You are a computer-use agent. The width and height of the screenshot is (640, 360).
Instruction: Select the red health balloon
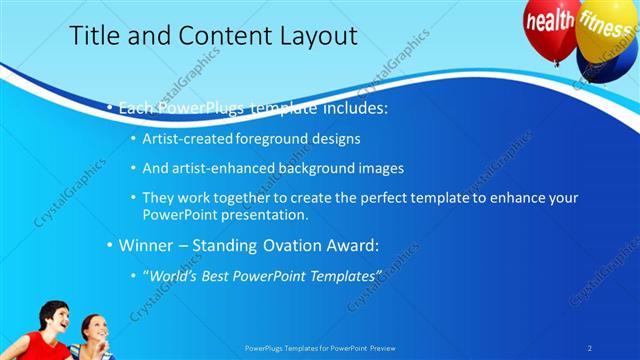551,22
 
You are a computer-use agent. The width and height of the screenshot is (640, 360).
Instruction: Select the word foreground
276,138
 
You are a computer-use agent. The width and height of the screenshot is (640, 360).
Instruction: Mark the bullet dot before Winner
110,244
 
